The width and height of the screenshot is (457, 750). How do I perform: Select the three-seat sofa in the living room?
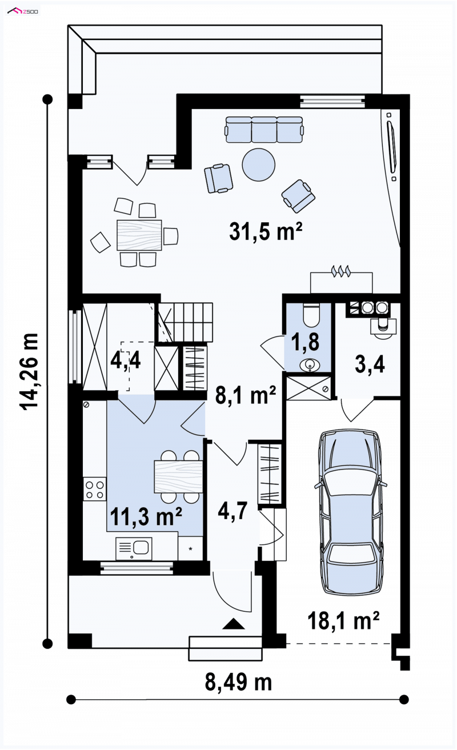coord(264,130)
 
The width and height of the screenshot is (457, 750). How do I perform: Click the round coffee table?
coord(258,165)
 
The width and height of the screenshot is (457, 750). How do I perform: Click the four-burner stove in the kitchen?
coord(94,489)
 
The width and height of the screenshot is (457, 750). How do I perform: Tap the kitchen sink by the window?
coord(134,548)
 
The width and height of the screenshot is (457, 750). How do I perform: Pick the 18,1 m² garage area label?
coord(343,620)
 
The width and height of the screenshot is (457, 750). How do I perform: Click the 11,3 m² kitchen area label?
coord(146,516)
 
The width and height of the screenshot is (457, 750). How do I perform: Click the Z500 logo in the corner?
coord(23,11)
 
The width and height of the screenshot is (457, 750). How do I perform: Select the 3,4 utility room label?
coord(370,364)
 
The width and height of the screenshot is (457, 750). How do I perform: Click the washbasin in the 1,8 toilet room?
coord(310,365)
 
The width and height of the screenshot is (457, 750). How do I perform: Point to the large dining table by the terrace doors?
coord(139,235)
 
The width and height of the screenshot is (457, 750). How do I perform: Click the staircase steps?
coord(185,322)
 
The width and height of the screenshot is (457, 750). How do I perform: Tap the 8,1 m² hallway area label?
coord(246,395)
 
